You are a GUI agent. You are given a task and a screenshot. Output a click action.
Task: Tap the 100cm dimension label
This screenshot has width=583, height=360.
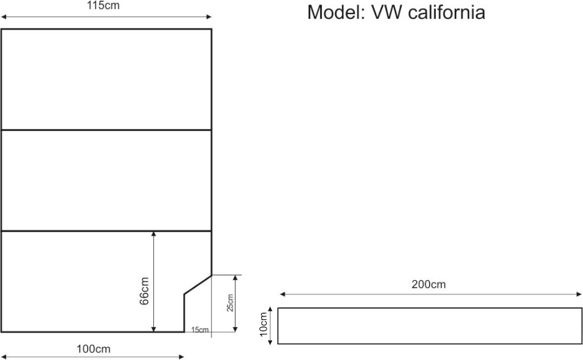94,349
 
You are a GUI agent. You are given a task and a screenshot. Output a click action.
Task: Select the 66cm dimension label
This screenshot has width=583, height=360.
144,291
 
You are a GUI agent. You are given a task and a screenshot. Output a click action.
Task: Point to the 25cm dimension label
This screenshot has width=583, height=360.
230,303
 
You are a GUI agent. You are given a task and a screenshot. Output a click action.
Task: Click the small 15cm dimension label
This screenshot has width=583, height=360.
199,330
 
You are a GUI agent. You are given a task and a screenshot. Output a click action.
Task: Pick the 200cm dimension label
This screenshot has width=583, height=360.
428,284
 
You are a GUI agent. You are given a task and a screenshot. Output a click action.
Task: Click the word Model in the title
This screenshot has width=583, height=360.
333,12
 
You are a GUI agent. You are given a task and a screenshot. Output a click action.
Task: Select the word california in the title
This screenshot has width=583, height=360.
446,12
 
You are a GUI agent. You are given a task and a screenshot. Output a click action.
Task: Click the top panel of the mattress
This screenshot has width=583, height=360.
106,79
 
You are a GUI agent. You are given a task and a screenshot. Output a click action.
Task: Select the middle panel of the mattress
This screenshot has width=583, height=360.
106,180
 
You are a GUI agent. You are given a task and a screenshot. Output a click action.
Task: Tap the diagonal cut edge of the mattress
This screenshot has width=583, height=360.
198,284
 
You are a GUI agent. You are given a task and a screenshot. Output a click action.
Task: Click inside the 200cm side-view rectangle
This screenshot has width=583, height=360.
430,325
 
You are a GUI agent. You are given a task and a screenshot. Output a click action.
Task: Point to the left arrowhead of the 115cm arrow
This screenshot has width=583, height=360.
3,18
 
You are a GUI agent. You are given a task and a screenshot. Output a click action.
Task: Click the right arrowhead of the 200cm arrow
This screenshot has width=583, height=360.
579,294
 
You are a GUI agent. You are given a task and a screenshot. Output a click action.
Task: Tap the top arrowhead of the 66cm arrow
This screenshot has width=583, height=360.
154,234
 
